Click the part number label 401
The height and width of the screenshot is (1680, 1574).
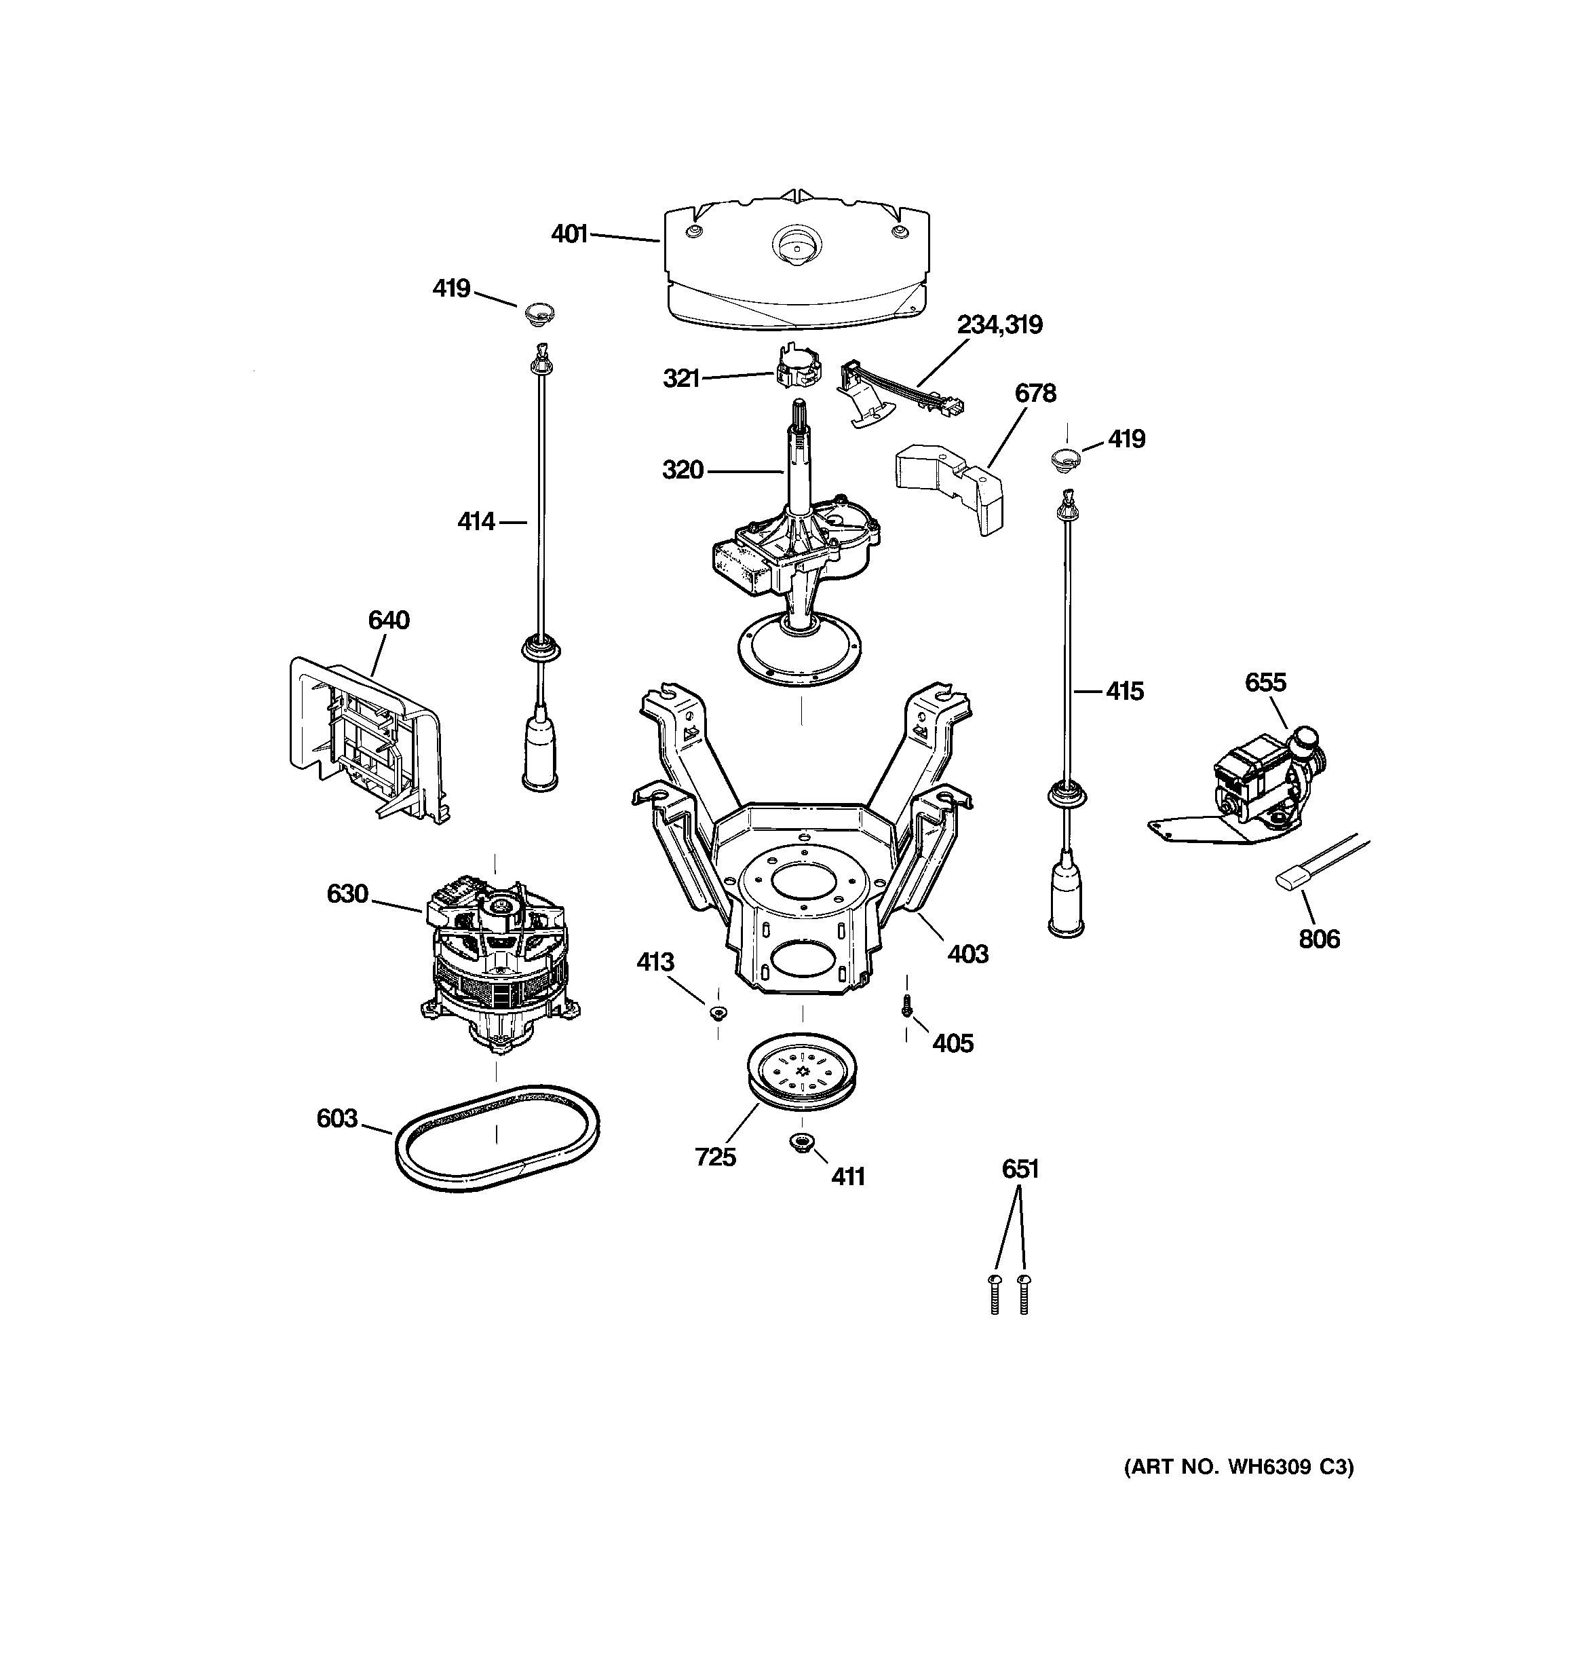[x=569, y=234]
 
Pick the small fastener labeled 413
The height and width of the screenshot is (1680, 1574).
[x=718, y=1012]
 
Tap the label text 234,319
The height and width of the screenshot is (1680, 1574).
[x=999, y=324]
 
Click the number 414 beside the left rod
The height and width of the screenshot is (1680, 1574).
[x=476, y=522]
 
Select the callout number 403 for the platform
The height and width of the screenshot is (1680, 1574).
[x=967, y=954]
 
